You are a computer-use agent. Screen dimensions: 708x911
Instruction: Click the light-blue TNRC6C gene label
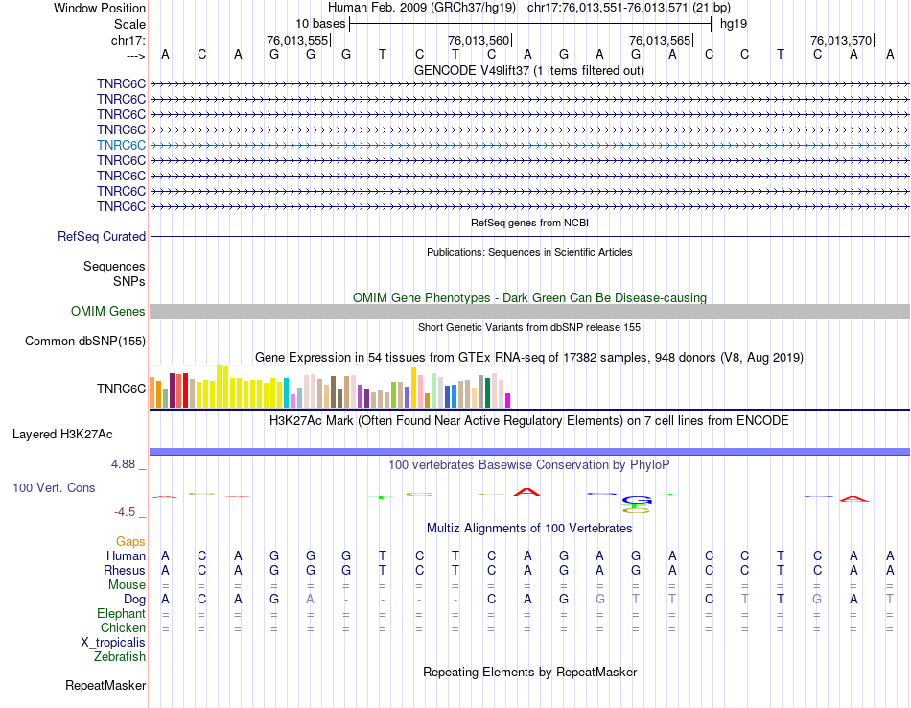[x=121, y=145]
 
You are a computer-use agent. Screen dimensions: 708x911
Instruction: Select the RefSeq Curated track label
[x=102, y=236]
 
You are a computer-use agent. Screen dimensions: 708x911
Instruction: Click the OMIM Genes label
[x=108, y=311]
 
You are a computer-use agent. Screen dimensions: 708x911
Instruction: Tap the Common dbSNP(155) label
[x=85, y=341]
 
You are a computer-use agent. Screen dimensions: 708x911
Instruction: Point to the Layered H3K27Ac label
[x=62, y=434]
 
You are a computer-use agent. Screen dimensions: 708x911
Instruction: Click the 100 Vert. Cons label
[x=54, y=487]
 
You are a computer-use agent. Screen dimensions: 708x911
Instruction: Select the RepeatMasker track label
[x=105, y=686]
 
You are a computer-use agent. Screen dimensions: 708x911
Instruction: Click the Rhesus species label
[x=124, y=570]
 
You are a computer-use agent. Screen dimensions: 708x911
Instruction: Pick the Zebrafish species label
[x=120, y=656]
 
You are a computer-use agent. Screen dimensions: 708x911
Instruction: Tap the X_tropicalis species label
[x=113, y=642]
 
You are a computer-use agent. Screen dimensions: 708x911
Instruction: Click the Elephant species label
[x=122, y=613]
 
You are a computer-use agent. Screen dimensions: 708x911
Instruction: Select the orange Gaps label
[x=130, y=542]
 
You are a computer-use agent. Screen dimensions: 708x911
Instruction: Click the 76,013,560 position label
[x=479, y=40]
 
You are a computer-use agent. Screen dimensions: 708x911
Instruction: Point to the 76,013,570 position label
[x=841, y=40]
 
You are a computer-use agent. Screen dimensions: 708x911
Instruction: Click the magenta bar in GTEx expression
[x=508, y=400]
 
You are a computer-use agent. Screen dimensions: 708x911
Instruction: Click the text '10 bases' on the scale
[x=320, y=23]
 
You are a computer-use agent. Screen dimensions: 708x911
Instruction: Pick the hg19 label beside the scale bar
[x=734, y=23]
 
